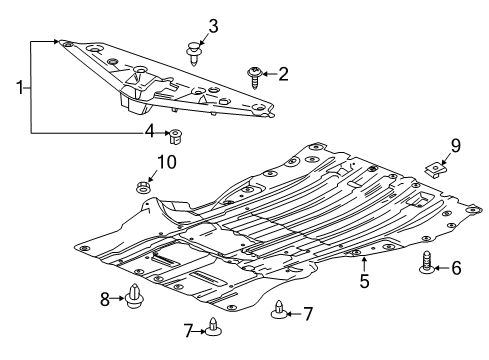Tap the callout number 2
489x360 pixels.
point(283,73)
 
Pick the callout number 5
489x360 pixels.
point(365,282)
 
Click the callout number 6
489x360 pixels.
point(456,267)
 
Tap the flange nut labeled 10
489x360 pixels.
point(142,186)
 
